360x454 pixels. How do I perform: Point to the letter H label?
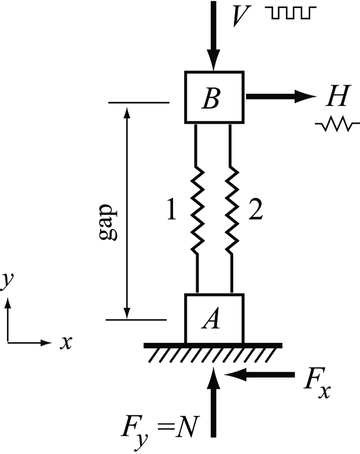pos(337,97)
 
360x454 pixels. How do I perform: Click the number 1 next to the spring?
pos(171,212)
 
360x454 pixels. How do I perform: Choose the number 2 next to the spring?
pos(255,212)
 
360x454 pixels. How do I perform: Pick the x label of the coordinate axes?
pos(67,342)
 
